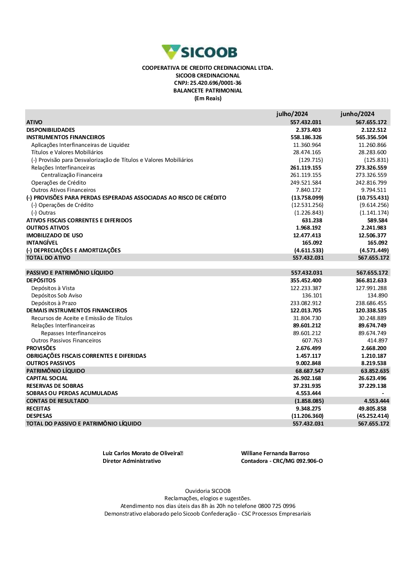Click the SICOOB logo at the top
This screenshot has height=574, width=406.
tap(199, 52)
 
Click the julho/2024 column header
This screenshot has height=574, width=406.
tap(292, 114)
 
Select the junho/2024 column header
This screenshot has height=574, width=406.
tap(357, 114)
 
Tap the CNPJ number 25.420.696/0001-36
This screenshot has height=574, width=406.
tap(216, 83)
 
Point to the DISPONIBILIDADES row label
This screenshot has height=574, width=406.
tap(50, 130)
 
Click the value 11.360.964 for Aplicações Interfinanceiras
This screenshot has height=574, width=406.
tap(307, 145)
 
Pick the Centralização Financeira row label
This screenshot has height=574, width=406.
tap(71, 175)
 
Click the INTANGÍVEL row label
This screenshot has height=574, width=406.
tap(42, 243)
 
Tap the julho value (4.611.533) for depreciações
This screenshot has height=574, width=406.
tap(309, 250)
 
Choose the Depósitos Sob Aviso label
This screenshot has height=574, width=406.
tap(56, 295)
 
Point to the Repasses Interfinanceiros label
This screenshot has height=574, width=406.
tap(73, 333)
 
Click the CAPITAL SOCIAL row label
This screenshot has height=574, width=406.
tap(47, 378)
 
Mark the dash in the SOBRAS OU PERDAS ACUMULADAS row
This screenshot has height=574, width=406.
tap(382, 393)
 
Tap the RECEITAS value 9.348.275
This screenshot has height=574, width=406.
tap(308, 408)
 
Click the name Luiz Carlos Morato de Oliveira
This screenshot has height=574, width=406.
tap(141, 453)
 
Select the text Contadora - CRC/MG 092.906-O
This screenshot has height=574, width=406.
tap(282, 461)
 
